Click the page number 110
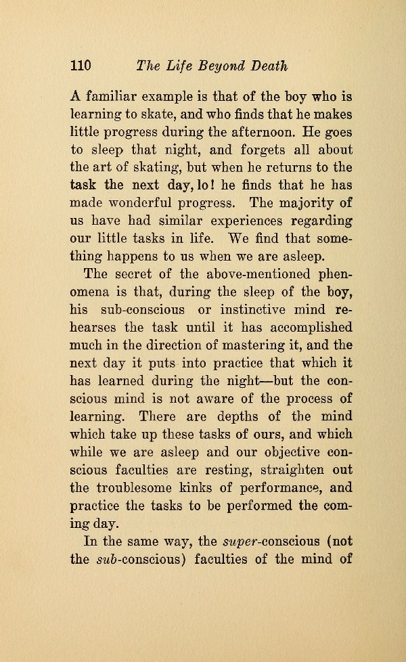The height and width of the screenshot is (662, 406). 81,66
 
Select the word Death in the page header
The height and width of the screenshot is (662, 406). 268,66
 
